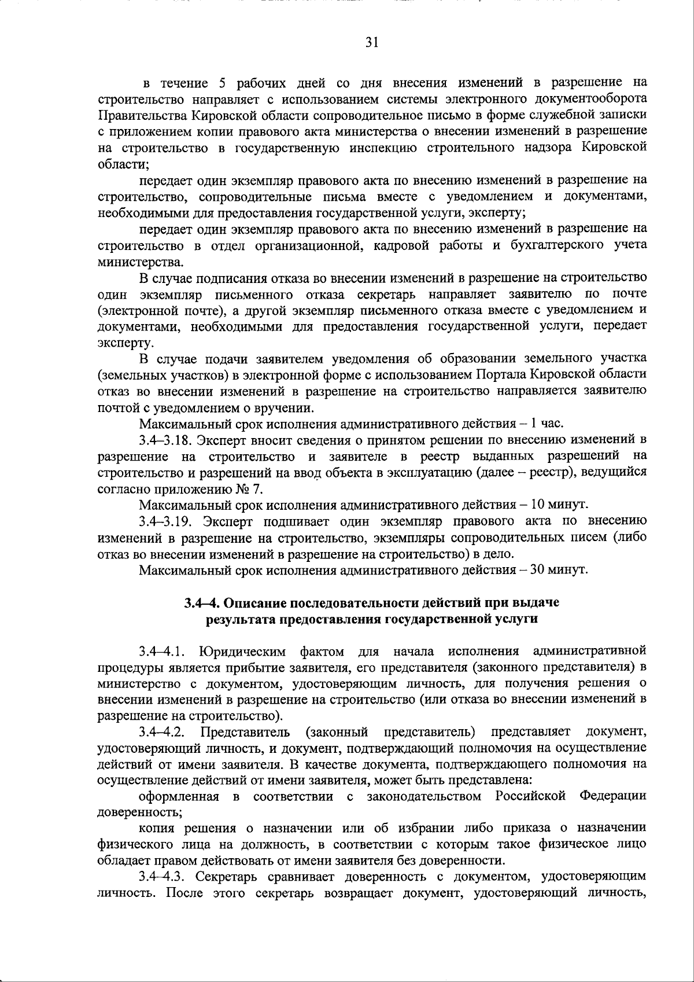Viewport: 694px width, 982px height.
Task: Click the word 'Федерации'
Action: click(613, 796)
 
